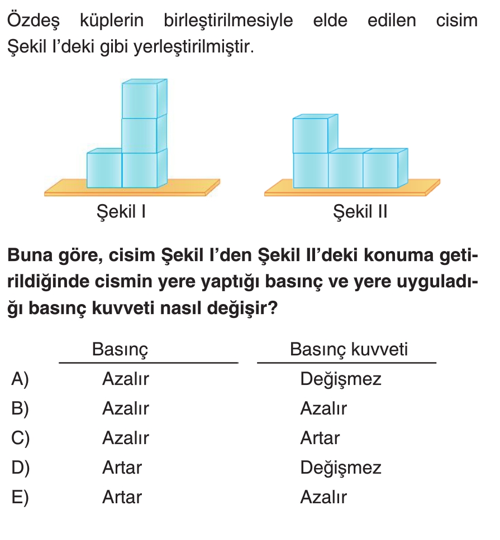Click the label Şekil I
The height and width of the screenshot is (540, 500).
tap(121, 213)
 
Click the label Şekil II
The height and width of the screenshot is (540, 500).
tap(360, 213)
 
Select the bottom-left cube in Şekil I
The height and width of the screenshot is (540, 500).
tap(104, 170)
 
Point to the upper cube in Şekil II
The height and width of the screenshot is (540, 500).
tap(311, 136)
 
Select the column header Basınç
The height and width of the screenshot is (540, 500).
tap(120, 350)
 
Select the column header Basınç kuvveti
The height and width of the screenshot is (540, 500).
tap(349, 350)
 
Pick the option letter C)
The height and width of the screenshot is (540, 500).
tap(20, 438)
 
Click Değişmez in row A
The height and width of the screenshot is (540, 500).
tap(340, 379)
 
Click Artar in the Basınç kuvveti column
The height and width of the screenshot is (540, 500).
tap(320, 438)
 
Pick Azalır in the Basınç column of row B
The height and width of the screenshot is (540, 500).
tap(125, 409)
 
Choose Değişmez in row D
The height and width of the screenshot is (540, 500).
tap(340, 467)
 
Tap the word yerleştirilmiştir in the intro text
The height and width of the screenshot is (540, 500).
tap(193, 48)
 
